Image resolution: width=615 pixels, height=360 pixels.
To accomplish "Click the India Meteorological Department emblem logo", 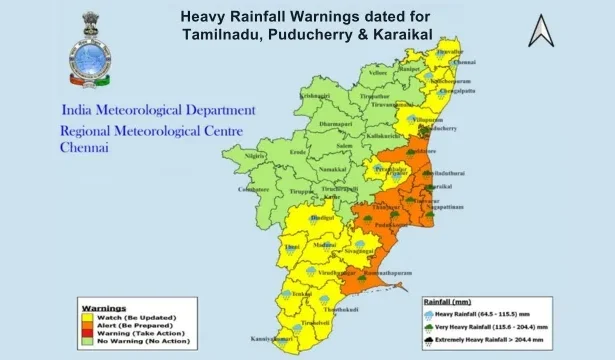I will point(87,50).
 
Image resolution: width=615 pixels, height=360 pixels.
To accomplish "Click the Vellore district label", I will point(376,74).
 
